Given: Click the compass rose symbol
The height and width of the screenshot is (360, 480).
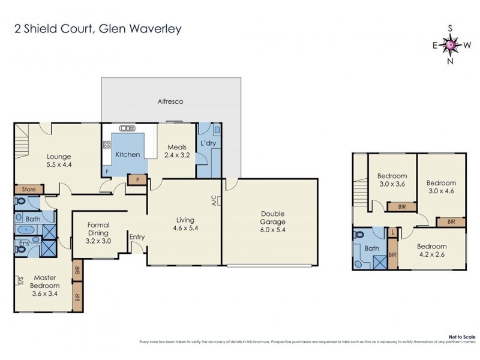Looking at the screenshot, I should click(451, 44).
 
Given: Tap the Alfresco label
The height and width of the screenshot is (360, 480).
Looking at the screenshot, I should click(170, 101).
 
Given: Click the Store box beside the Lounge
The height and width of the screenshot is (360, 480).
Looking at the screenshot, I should click(29, 190).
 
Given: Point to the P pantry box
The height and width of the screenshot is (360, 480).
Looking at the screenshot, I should click(138, 179).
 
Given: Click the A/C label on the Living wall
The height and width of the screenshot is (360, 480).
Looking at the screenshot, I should click(214, 202).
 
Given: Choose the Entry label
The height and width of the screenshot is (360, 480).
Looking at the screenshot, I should click(137, 237).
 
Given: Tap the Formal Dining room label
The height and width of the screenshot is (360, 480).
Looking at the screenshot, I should click(98, 229).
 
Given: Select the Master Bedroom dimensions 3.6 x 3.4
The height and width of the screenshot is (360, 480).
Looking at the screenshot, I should click(45, 294).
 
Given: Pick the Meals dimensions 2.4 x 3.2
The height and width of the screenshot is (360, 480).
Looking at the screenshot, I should click(177, 154).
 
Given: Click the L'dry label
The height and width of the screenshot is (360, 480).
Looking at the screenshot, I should click(208, 143).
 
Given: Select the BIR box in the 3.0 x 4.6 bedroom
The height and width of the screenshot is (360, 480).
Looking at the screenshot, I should click(452, 222).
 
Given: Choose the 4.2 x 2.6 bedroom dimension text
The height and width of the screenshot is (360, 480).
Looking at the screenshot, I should click(432, 254).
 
